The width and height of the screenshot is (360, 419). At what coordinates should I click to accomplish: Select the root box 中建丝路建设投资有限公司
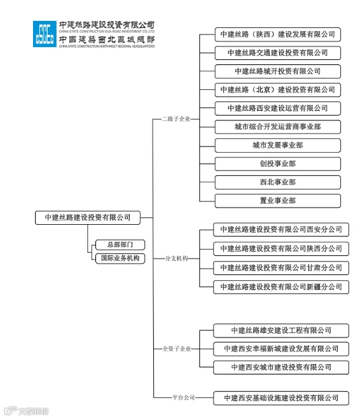(88, 218)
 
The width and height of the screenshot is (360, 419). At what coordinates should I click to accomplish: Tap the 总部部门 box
(120, 245)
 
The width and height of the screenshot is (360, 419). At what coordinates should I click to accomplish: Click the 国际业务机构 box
(120, 259)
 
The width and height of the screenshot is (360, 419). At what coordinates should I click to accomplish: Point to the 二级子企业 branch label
(176, 118)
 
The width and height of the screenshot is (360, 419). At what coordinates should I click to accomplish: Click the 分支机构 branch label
(176, 259)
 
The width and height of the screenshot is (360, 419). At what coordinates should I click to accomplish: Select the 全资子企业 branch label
(176, 349)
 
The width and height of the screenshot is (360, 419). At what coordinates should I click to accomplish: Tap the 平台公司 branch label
(184, 397)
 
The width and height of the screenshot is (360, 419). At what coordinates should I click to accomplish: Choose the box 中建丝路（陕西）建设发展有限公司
(277, 34)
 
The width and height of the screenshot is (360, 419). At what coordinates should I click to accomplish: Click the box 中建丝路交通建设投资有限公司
(277, 53)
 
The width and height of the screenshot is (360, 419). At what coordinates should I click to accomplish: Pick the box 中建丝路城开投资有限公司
(277, 71)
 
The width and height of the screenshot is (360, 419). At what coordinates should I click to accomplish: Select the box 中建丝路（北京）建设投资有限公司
(277, 90)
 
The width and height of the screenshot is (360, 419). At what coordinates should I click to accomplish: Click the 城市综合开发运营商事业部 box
(277, 127)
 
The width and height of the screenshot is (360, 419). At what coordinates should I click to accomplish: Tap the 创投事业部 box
(277, 164)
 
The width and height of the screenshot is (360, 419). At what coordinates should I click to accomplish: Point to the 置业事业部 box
(277, 201)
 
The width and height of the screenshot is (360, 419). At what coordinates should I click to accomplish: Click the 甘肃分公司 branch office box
(280, 268)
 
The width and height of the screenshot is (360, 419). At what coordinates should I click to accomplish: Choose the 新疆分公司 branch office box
(280, 287)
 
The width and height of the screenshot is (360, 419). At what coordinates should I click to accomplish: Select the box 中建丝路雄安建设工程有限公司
(280, 330)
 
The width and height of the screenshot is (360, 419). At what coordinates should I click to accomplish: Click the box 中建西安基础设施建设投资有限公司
(280, 398)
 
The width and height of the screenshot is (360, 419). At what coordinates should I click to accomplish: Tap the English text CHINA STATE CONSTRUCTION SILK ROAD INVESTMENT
(106, 30)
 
